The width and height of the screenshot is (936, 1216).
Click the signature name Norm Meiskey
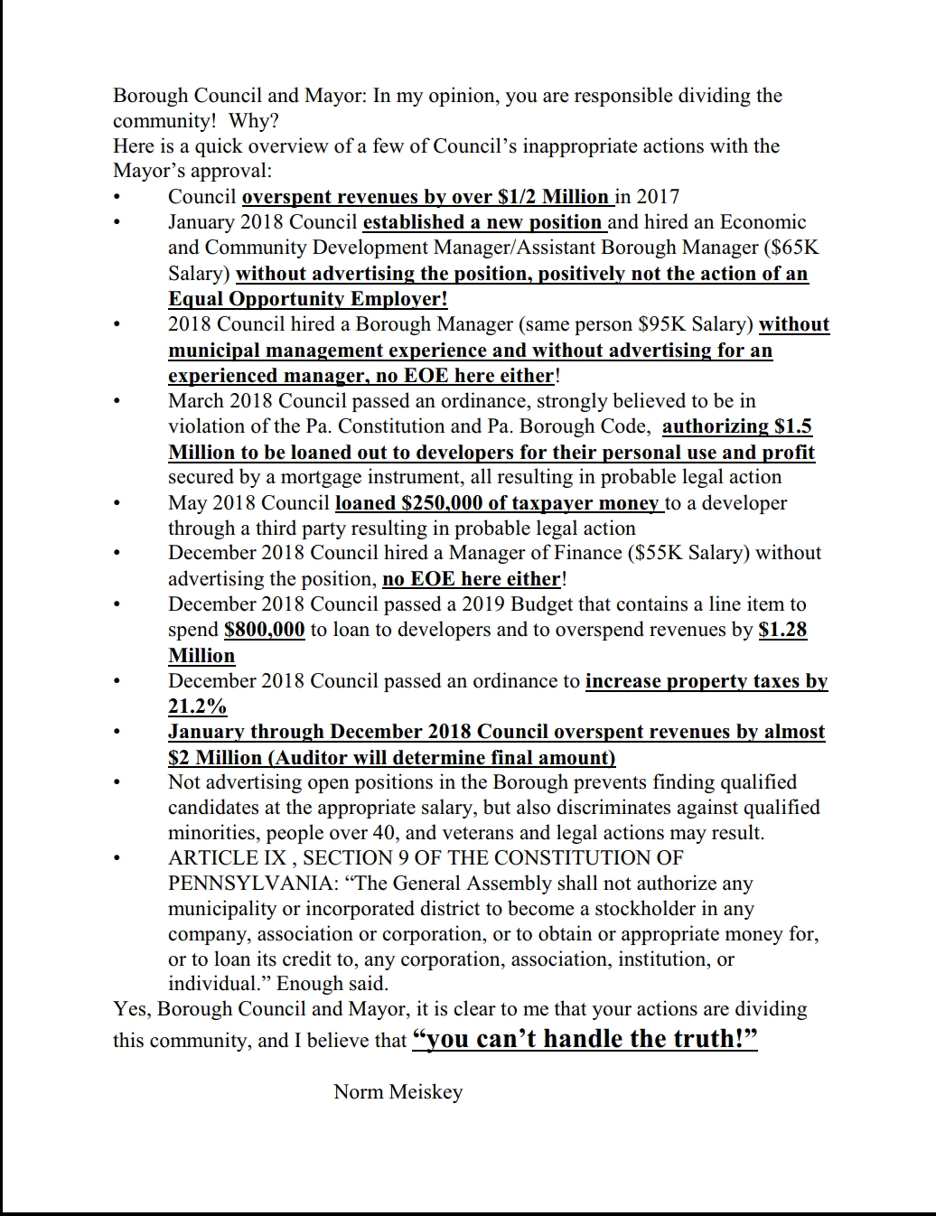(x=398, y=1092)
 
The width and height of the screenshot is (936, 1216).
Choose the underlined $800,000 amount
(x=264, y=630)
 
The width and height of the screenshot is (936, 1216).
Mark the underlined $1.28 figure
(x=782, y=630)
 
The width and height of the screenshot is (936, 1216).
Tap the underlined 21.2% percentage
(x=197, y=706)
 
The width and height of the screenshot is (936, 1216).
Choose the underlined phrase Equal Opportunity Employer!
(x=307, y=299)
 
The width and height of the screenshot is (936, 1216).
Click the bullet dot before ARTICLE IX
(x=117, y=858)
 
